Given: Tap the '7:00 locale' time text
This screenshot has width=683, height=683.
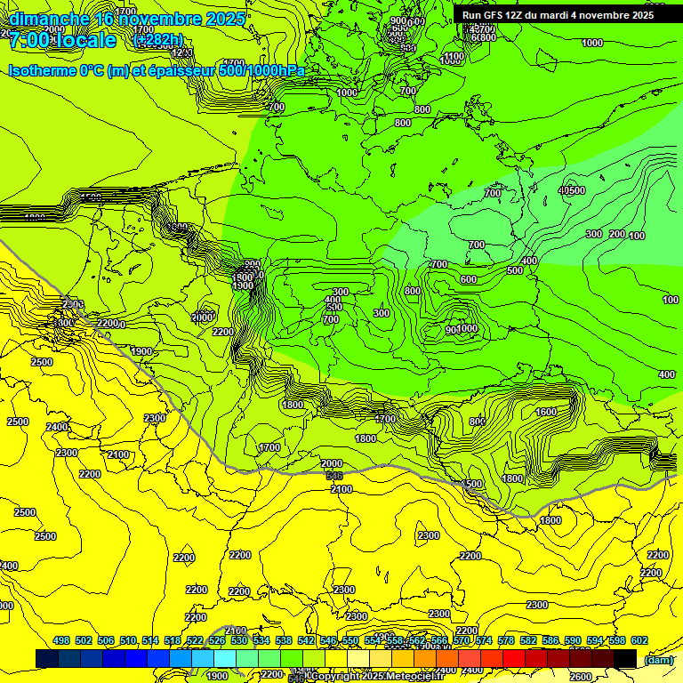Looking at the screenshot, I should pyautogui.click(x=62, y=41).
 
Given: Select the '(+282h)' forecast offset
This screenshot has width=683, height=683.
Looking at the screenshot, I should pyautogui.click(x=157, y=40).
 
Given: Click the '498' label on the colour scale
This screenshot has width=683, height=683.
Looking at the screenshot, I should pyautogui.click(x=61, y=640).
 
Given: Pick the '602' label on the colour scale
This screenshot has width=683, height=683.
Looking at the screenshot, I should pyautogui.click(x=639, y=640).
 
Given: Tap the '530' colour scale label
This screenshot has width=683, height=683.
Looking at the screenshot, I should pyautogui.click(x=239, y=640).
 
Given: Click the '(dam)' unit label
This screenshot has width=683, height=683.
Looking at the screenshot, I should pyautogui.click(x=657, y=659).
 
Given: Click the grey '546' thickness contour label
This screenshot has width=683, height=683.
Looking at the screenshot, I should pyautogui.click(x=333, y=477).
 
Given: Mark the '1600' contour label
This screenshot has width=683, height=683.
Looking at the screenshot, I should pyautogui.click(x=546, y=412).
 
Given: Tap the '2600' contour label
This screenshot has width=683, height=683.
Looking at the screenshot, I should pyautogui.click(x=580, y=677).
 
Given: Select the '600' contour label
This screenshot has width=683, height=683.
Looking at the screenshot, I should pyautogui.click(x=469, y=279).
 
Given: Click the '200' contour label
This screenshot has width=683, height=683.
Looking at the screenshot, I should pyautogui.click(x=617, y=234).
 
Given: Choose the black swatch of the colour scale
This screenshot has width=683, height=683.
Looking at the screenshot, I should pyautogui.click(x=625, y=658).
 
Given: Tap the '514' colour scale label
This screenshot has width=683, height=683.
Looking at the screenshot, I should pyautogui.click(x=150, y=640).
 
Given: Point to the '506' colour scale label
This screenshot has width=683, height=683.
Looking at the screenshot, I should pyautogui.click(x=106, y=640).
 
